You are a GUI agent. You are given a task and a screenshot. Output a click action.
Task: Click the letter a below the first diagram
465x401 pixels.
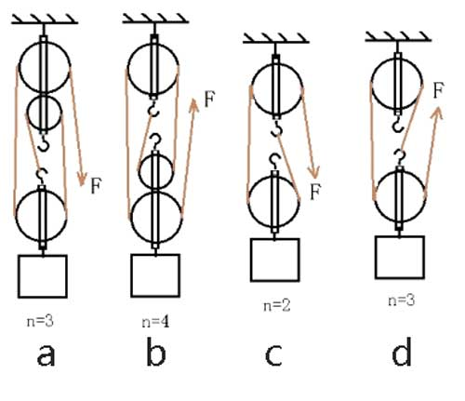coord(46,355)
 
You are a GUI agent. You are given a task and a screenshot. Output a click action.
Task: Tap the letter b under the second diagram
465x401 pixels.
coord(156,352)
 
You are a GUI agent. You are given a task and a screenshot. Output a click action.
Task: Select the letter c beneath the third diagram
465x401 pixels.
coord(273,355)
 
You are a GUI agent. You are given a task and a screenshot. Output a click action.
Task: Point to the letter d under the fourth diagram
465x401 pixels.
coord(402,352)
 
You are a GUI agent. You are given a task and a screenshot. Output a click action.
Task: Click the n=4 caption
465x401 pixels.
coord(155,322)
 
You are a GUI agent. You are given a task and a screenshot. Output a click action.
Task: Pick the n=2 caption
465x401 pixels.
coord(277,305)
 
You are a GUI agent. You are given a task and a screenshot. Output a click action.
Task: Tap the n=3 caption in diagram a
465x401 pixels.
coord(40,321)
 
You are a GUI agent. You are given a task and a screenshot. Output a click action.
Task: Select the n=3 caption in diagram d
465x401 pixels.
coord(402,301)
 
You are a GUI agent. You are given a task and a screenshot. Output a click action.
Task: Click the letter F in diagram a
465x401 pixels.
coord(96,185)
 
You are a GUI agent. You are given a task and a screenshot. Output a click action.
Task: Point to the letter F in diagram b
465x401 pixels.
coord(209,100)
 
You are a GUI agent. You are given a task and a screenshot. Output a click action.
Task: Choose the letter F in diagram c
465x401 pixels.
coord(315,192)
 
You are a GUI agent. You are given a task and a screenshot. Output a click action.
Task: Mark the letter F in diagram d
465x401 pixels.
coord(438,90)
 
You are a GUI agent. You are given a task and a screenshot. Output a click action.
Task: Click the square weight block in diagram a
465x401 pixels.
coord(43,276)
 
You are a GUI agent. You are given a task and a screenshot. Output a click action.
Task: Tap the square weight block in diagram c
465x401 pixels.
coord(275,260)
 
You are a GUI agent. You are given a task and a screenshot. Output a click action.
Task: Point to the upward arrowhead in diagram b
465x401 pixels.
coord(193,105)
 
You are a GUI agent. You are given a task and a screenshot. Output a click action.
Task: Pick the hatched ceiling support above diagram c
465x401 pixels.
coord(276,38)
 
